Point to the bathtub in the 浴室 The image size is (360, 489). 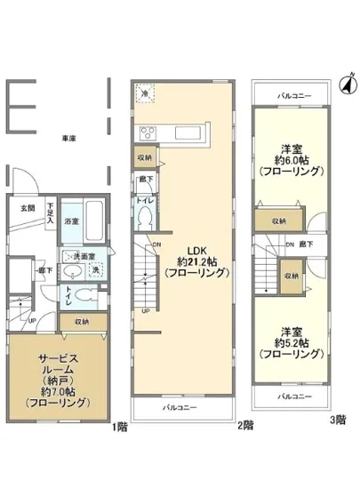pos(97,220)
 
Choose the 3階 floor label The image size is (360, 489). pos(338,419)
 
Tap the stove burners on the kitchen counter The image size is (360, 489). pos(148,134)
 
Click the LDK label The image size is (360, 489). pos(189,248)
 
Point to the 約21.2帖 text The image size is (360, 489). pos(189,261)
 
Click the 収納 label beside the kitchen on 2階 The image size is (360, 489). pos(144,157)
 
